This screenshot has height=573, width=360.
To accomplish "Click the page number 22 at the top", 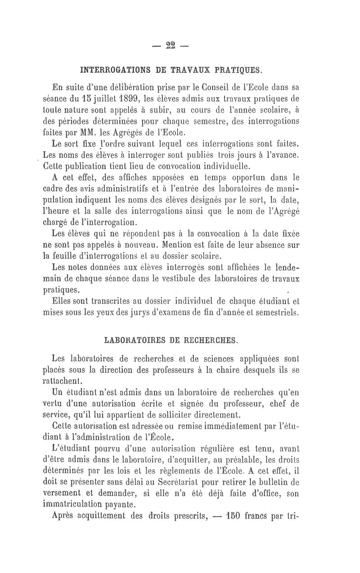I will [171, 46].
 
